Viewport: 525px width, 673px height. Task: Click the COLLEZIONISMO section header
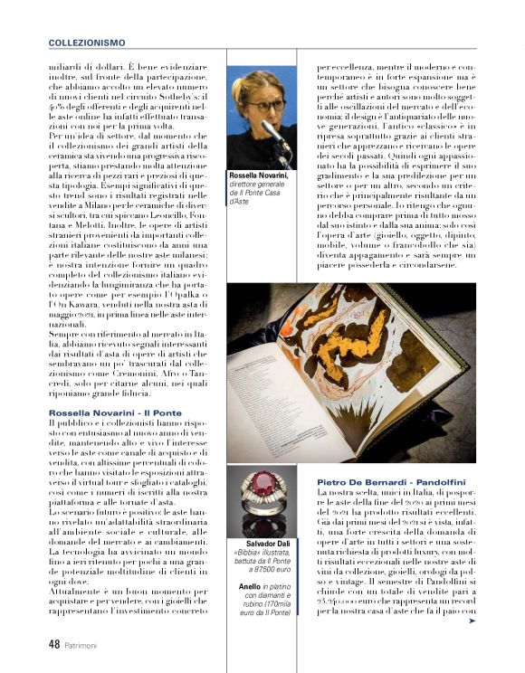[x=87, y=42]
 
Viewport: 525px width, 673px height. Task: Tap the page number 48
[x=55, y=645]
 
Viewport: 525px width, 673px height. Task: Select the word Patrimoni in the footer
[x=87, y=646]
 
